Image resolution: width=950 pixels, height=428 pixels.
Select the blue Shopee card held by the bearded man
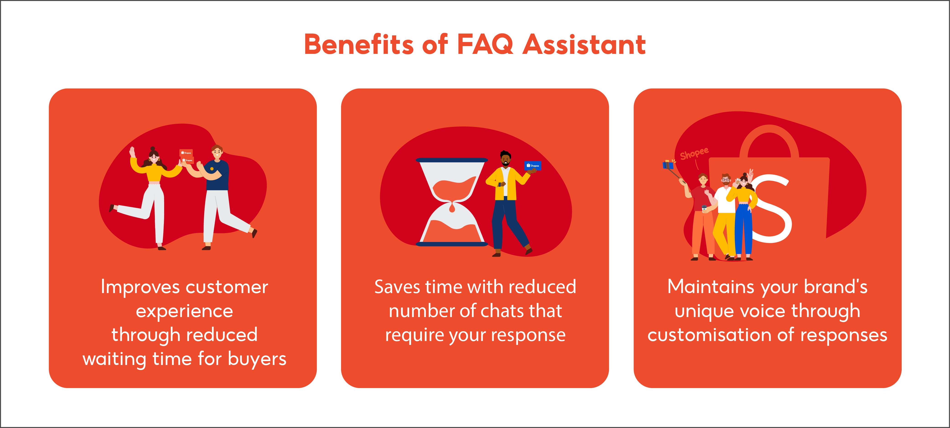click(533, 165)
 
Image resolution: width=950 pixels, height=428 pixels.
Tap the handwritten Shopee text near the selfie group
click(694, 153)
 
